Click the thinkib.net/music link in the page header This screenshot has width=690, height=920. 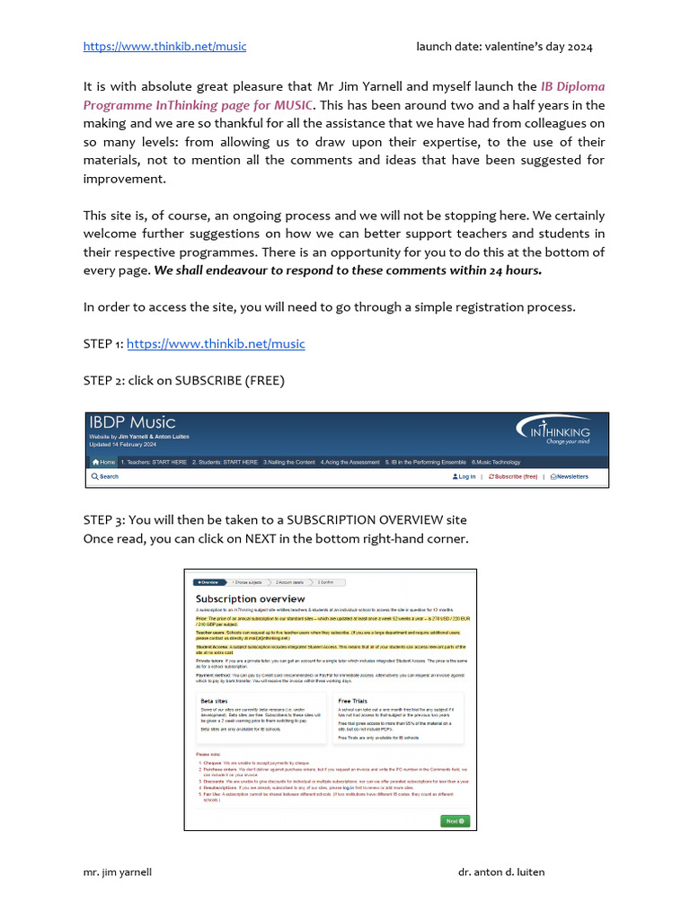[164, 47]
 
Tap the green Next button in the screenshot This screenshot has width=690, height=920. [455, 820]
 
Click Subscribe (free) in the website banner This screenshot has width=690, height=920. [514, 477]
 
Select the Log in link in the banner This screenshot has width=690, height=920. [465, 477]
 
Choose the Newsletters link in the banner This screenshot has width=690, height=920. [570, 477]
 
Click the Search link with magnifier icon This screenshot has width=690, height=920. [105, 477]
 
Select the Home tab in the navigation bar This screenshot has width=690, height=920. [104, 462]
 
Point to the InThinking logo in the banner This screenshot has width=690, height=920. [553, 430]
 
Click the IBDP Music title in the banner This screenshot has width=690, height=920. [132, 422]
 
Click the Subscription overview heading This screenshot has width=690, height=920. [250, 598]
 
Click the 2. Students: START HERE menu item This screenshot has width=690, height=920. [226, 462]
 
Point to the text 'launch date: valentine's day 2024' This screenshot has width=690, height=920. [504, 47]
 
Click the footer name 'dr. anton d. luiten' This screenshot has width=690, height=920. [501, 872]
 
